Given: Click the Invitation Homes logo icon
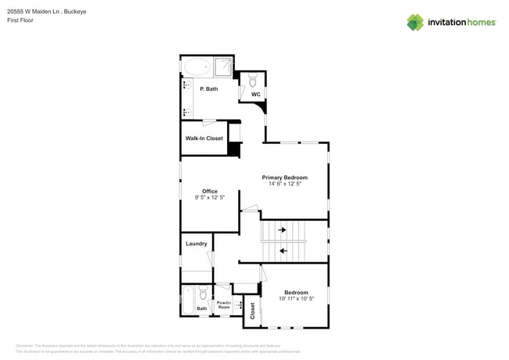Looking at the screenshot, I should [x=415, y=22].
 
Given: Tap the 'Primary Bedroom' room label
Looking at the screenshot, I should [x=284, y=178].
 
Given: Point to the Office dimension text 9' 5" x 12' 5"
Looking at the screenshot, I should [x=209, y=198].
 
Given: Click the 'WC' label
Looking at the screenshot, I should [x=255, y=95].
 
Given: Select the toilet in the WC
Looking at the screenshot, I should [x=254, y=80].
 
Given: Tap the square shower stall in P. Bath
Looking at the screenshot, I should [x=224, y=67].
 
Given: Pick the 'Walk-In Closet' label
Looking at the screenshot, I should [x=204, y=139].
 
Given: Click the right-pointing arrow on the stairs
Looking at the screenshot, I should [x=282, y=230].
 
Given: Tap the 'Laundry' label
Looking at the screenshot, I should [x=196, y=243].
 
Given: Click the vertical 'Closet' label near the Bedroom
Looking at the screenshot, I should [x=252, y=311].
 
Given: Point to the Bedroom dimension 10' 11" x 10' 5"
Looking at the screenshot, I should [x=296, y=299].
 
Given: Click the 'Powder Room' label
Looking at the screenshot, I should [x=223, y=305].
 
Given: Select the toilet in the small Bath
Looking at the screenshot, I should [x=202, y=294].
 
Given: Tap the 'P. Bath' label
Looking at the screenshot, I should [x=208, y=89].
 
